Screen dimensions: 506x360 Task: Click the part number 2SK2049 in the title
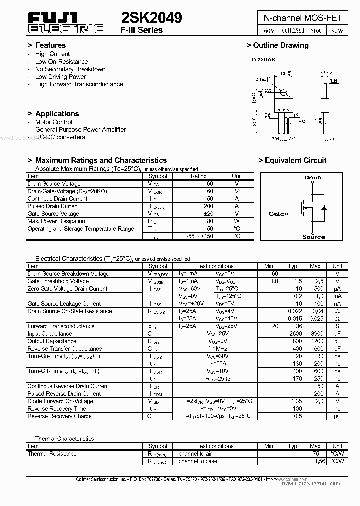151,18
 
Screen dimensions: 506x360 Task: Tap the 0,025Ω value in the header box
293,30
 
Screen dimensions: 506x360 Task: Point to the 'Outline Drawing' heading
278,45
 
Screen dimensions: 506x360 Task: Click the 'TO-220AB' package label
262,60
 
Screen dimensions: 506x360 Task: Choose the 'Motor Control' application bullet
53,122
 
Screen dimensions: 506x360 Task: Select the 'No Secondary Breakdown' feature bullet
70,69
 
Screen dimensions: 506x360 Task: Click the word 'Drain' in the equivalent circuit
313,177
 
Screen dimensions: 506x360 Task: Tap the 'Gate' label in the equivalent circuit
276,214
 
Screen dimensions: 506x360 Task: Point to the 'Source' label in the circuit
313,237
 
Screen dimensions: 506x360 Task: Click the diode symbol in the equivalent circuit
324,207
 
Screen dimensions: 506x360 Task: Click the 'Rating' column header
198,176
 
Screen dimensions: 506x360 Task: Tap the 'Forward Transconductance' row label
61,326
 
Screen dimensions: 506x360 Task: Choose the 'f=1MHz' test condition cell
217,349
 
